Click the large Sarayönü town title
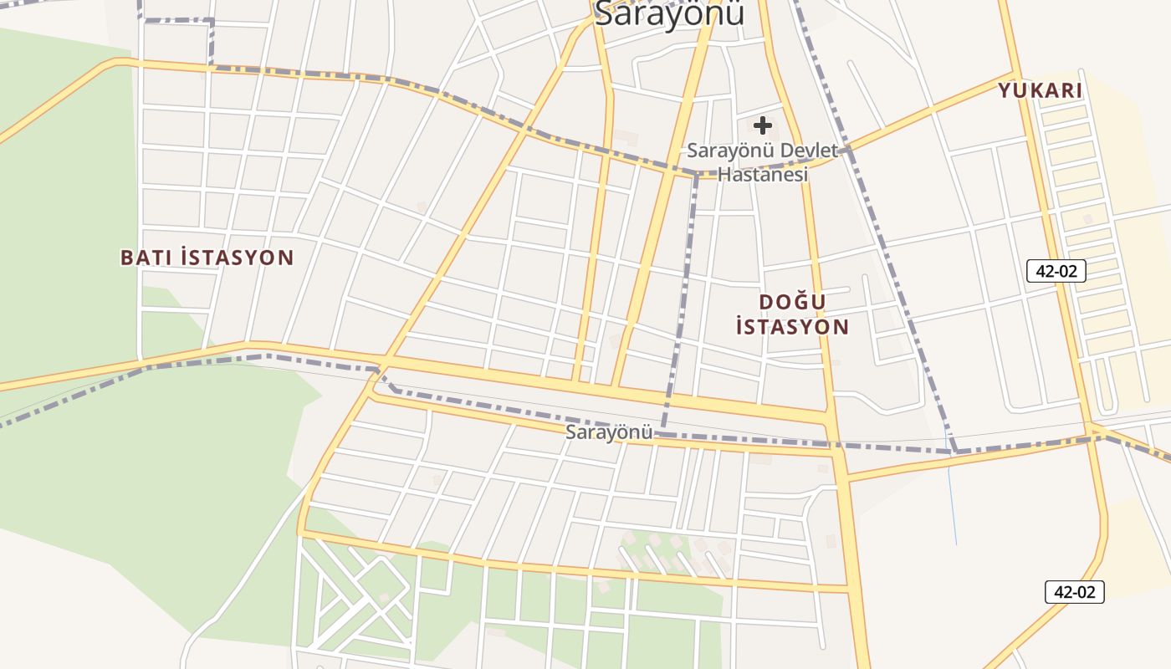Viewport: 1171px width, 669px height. (669, 13)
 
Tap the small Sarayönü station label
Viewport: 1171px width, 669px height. (608, 432)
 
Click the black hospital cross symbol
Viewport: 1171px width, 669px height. (762, 125)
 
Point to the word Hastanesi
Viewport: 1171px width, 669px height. (763, 175)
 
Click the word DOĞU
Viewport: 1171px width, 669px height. (792, 302)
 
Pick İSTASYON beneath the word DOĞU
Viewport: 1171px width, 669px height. (792, 327)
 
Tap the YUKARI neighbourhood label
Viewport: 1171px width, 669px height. (1040, 90)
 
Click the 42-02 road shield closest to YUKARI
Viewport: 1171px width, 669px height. (1056, 271)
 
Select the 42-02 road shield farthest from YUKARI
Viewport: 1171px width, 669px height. (1074, 592)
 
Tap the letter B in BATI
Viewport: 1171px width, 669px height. (127, 258)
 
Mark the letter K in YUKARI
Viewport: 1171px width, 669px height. (1033, 90)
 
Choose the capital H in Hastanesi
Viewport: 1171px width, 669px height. (724, 175)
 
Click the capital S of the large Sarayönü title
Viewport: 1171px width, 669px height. (604, 13)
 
